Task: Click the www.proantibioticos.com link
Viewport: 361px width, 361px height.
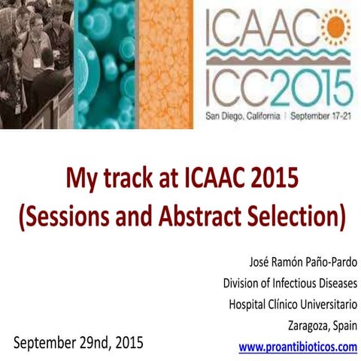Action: coord(297,347)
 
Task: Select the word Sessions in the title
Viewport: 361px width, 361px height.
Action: coord(71,215)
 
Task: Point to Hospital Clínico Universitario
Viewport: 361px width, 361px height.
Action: coord(293,304)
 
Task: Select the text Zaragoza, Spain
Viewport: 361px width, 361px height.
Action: coord(322,326)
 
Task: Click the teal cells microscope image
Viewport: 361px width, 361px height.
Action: coord(105,64)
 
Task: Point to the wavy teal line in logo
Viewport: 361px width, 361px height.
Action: coord(278,58)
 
